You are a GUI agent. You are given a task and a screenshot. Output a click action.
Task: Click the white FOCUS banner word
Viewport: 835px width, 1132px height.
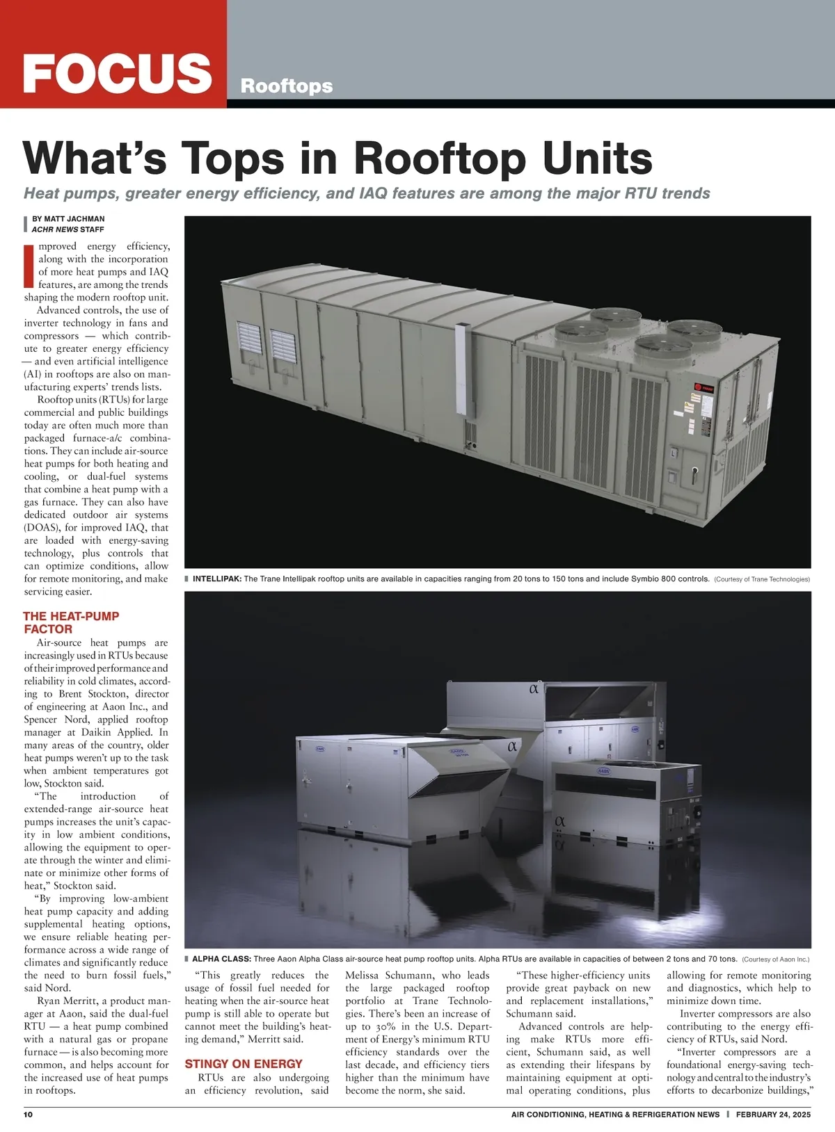pos(117,72)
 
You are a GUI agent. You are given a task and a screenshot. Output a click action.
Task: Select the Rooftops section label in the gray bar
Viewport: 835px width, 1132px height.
pos(286,86)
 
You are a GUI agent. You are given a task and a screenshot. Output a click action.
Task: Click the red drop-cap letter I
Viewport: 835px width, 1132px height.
pos(29,265)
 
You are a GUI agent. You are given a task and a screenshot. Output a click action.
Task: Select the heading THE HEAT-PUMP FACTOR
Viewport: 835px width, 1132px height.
pos(70,622)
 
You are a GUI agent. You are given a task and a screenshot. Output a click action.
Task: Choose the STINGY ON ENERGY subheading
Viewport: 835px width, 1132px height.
pos(243,1064)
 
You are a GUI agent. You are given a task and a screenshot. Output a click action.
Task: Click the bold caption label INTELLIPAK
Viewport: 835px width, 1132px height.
pos(216,579)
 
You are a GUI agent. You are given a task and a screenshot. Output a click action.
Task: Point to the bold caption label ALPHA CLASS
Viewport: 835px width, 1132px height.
pos(221,959)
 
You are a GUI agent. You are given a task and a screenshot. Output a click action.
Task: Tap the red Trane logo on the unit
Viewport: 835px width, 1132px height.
pos(701,388)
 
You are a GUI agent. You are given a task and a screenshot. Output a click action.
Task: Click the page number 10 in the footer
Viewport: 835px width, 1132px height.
pos(29,1114)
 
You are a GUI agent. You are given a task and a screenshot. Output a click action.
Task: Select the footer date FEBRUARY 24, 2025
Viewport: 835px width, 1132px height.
pos(773,1114)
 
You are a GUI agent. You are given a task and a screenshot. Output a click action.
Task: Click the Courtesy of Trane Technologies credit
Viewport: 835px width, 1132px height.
pos(762,579)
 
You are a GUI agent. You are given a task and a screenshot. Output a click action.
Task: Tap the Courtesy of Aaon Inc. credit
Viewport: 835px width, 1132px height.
pos(775,960)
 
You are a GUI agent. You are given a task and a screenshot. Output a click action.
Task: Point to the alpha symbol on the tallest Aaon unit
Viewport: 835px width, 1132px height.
pos(534,690)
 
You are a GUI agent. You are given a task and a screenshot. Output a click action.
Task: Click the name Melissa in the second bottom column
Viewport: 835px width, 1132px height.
pos(362,976)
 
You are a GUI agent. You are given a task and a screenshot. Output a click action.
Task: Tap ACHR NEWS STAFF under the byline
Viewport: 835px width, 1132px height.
pos(68,229)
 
